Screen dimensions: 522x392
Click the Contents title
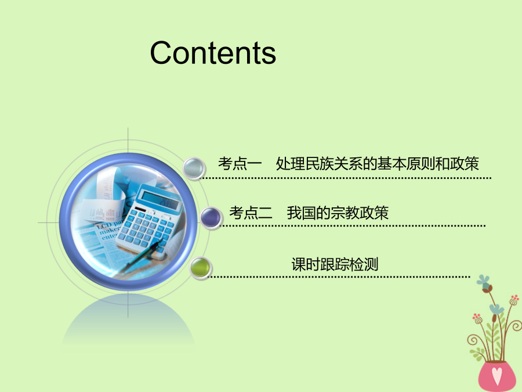[x=213, y=53]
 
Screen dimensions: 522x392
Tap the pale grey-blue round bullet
[x=194, y=168]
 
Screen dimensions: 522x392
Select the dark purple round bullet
[x=211, y=217]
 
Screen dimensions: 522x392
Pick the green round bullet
[x=200, y=268]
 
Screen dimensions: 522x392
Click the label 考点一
[x=240, y=164]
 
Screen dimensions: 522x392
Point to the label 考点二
[x=251, y=213]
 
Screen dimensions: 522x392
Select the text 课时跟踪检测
[x=335, y=264]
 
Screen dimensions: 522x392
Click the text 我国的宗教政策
[x=338, y=213]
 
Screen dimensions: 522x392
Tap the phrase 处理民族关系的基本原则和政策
[x=377, y=164]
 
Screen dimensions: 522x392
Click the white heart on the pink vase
[x=497, y=376]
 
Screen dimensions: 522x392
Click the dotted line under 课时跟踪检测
[x=339, y=276]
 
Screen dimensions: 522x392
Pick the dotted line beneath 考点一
[x=346, y=178]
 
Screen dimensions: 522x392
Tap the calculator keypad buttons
[x=145, y=230]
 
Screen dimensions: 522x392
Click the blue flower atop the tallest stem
[x=483, y=281]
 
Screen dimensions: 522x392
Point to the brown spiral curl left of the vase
[x=473, y=340]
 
